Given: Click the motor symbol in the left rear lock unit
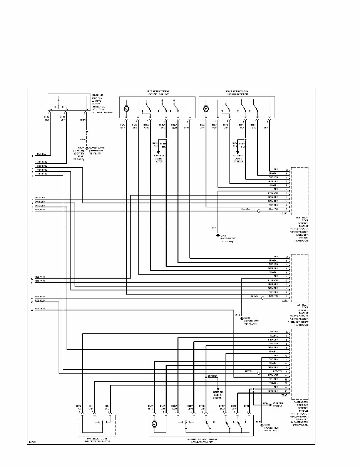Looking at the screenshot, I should coord(126,109).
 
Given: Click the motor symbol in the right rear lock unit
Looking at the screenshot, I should coord(206,109).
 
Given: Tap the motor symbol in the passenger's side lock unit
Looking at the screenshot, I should coord(154,424).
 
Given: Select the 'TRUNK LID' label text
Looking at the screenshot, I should coord(97,95).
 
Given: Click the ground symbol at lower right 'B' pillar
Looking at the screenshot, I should coord(218,235).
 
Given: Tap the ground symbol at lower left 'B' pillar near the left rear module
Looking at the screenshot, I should coord(241,318).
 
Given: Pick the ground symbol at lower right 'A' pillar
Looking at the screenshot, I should coord(261,425).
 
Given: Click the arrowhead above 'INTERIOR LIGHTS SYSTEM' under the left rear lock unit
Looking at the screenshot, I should coord(158,153).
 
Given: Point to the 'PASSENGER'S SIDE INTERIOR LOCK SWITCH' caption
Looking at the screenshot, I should coord(96,440).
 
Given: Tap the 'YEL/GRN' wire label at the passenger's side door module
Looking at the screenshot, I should coord(273,379).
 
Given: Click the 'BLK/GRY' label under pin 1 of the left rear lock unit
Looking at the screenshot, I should coord(123,126).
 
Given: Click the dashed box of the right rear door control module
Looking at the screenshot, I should coord(300,191).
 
